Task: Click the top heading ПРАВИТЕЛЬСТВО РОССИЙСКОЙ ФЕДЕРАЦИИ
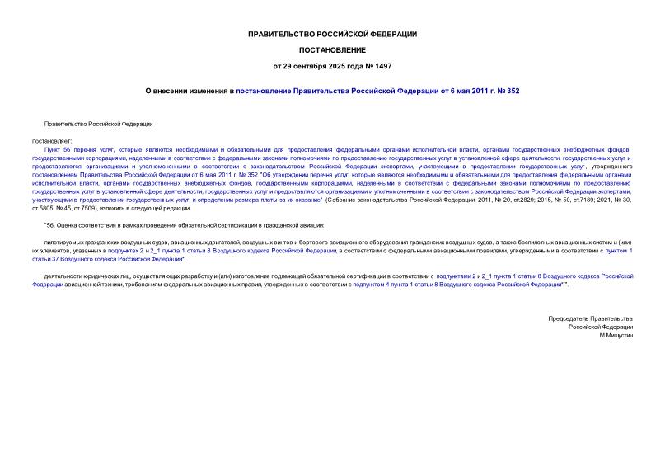[332, 34]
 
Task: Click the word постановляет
[50, 141]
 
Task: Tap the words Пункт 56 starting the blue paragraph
[60, 149]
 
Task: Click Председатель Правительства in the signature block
[591, 318]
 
